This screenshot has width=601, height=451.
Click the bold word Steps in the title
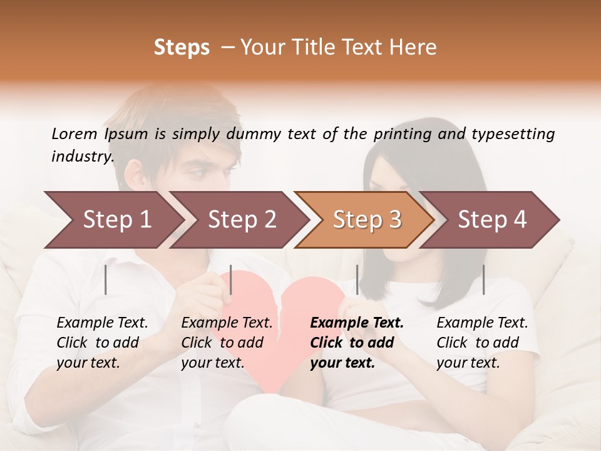coord(182,48)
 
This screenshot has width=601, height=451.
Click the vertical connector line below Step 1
coord(106,279)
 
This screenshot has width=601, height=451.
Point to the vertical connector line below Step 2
coord(231,279)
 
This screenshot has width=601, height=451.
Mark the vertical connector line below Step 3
coord(357,279)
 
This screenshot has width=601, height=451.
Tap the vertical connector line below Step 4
coord(483,279)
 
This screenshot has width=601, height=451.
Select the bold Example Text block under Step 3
coord(357,343)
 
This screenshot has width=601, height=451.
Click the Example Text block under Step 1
coord(102,343)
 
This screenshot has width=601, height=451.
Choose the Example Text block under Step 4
coord(482,343)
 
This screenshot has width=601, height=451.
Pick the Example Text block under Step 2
coord(227,343)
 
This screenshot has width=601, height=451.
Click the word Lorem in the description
coord(74,134)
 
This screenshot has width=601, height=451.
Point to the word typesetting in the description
coord(513,134)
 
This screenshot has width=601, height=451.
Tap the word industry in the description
coord(82,157)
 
